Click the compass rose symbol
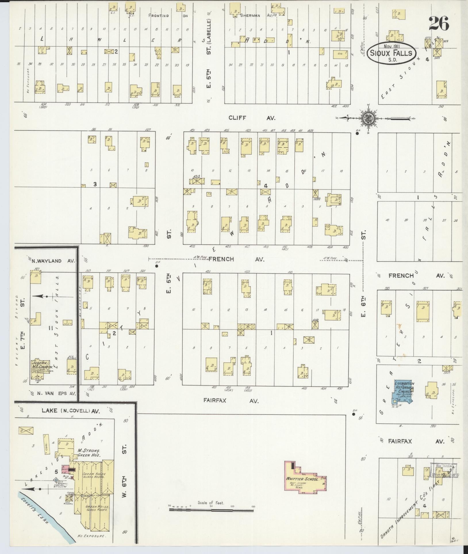pos(367,118)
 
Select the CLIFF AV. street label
pos(252,118)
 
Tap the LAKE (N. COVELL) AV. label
pos(71,411)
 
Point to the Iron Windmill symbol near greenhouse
pos(56,480)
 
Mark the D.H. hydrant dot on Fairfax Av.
pos(353,414)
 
